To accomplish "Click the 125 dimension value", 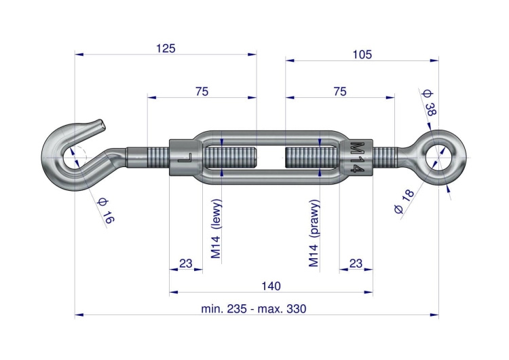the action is [166, 48].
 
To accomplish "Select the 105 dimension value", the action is [362, 54].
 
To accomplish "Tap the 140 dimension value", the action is [271, 286].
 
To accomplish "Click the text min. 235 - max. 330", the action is [254, 308].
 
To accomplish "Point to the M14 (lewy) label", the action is [216, 229].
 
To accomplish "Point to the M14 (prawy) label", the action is [314, 233].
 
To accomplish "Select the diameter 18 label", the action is [404, 201].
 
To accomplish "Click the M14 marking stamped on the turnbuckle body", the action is [358, 158].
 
